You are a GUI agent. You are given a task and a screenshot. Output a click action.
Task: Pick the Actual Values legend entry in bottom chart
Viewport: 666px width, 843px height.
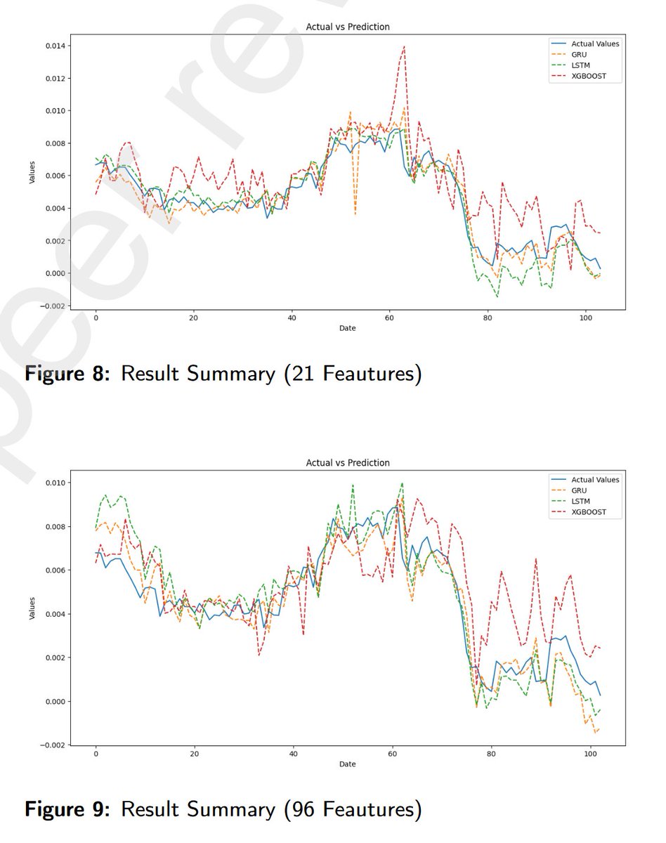(x=594, y=479)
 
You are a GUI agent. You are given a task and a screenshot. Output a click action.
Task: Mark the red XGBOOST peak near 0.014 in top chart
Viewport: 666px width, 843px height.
(x=404, y=46)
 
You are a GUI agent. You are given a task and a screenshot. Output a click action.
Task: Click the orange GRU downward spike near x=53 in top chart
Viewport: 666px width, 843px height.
(x=355, y=214)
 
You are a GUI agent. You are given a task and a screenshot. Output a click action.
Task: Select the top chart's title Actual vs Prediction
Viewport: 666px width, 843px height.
(x=347, y=27)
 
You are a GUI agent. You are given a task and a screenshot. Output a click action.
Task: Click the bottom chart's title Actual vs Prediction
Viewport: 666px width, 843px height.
(x=347, y=463)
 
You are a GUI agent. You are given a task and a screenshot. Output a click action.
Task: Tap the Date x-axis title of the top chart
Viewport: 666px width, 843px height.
(x=347, y=329)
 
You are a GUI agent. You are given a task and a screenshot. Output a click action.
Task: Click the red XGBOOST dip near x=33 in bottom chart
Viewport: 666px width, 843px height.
(x=259, y=655)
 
